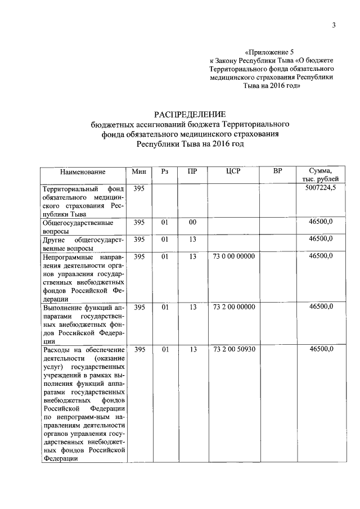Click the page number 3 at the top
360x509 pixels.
pos(334,25)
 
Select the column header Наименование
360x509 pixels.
pos(83,171)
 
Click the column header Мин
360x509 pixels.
pos(139,171)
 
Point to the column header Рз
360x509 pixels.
pos(165,171)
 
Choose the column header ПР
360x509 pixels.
pos(192,171)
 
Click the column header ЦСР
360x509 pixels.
pos(233,171)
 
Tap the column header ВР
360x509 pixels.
pos(277,171)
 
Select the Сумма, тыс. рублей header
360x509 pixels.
pos(320,175)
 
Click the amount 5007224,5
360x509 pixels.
pos(320,188)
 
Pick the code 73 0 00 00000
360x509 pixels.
pos(234,256)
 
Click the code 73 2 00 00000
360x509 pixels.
pos(234,307)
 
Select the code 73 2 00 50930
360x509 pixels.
pos(234,349)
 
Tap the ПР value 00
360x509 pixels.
pos(192,222)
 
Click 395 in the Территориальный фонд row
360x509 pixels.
pos(139,188)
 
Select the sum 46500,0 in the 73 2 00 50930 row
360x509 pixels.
pos(321,349)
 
